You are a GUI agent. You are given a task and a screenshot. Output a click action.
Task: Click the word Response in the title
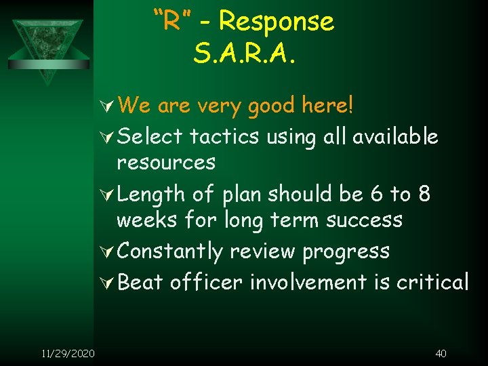pos(277,22)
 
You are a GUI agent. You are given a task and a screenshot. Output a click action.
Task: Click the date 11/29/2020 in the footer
pos(68,353)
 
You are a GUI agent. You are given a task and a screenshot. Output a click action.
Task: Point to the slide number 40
pos(441,353)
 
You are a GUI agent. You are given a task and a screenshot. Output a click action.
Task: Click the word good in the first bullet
pos(271,106)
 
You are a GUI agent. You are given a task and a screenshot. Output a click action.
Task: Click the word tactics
pos(224,136)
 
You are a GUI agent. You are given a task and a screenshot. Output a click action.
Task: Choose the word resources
pos(166,163)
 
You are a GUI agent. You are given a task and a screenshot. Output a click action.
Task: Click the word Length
pos(150,195)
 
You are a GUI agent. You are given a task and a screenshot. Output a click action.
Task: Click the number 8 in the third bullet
pos(424,194)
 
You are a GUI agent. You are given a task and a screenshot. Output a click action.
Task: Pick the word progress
pos(346,252)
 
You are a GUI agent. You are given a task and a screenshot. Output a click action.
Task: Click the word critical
pos(426,281)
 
